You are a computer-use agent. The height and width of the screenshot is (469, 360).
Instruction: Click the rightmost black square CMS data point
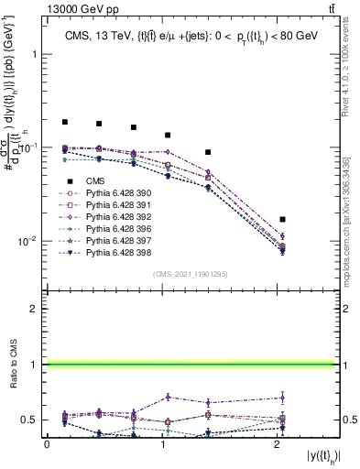pyautogui.click(x=283, y=220)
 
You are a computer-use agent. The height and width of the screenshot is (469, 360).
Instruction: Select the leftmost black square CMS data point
pyautogui.click(x=65, y=122)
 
